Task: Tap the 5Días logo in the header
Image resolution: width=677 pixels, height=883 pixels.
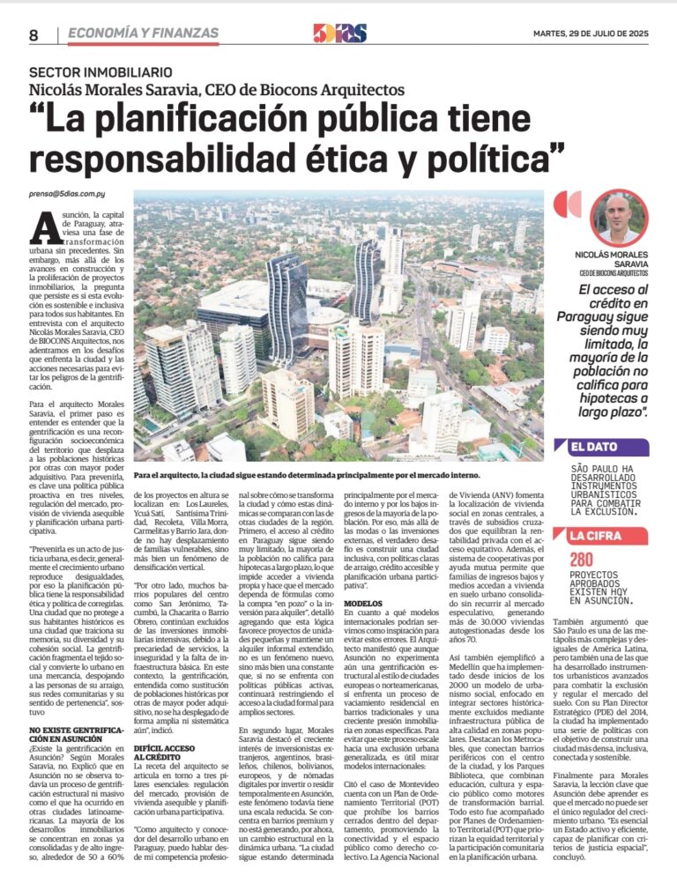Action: (338, 33)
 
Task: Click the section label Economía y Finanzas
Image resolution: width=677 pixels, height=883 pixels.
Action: (143, 33)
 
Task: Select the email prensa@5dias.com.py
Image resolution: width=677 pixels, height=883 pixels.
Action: (65, 192)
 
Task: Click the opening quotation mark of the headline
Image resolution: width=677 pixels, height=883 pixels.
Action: (41, 116)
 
